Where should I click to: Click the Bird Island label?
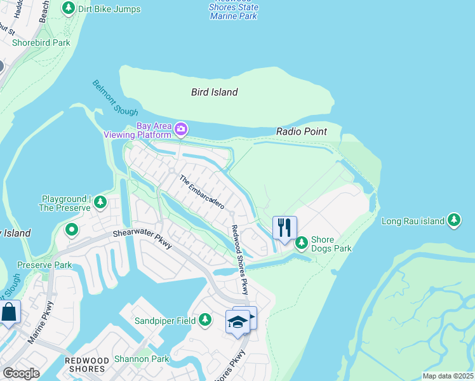[x=215, y=92]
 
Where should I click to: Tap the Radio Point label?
[x=302, y=131]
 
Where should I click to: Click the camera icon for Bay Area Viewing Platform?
[x=181, y=130]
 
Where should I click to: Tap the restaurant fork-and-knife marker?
[x=284, y=227]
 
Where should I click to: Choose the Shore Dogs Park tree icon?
[x=301, y=243]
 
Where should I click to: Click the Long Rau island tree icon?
[x=453, y=220]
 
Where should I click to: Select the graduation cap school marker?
[x=238, y=321]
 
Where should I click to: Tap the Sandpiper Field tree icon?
[x=205, y=320]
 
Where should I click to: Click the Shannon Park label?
[x=142, y=359]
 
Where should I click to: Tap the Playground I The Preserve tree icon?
[x=100, y=203]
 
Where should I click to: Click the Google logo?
[x=22, y=373]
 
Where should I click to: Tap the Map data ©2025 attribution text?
[x=448, y=376]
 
